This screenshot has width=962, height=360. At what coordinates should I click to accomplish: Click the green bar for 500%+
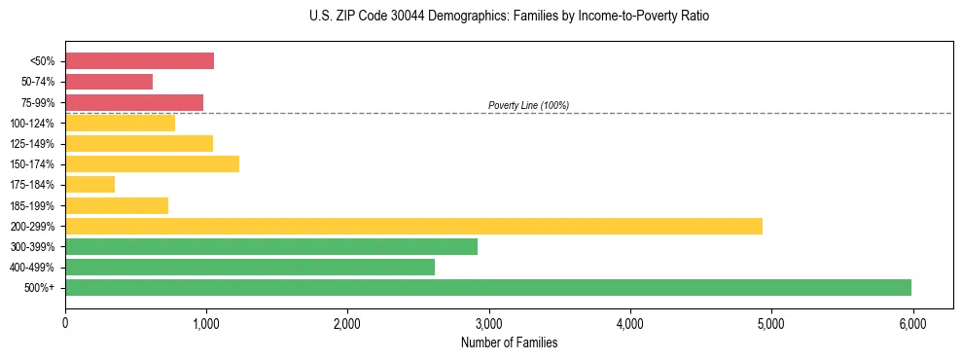coord(488,287)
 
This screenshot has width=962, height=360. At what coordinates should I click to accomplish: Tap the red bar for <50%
coord(139,61)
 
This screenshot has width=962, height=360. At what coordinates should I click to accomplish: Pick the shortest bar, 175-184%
coord(89,184)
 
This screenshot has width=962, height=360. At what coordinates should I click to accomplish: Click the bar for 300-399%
coord(271,246)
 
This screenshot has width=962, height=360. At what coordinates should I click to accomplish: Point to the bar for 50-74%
coord(109,82)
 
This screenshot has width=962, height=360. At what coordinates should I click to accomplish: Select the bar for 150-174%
coord(152,163)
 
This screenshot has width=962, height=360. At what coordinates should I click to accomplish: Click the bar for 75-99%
coord(134,102)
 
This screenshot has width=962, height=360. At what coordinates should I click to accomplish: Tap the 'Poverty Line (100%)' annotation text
coord(528,105)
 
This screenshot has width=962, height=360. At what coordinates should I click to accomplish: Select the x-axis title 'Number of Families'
coord(510,342)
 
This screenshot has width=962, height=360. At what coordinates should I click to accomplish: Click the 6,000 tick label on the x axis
coord(911,322)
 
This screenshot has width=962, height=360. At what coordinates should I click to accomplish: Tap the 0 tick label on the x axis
coord(65,322)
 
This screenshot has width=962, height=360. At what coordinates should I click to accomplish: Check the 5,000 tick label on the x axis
coord(770,322)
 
